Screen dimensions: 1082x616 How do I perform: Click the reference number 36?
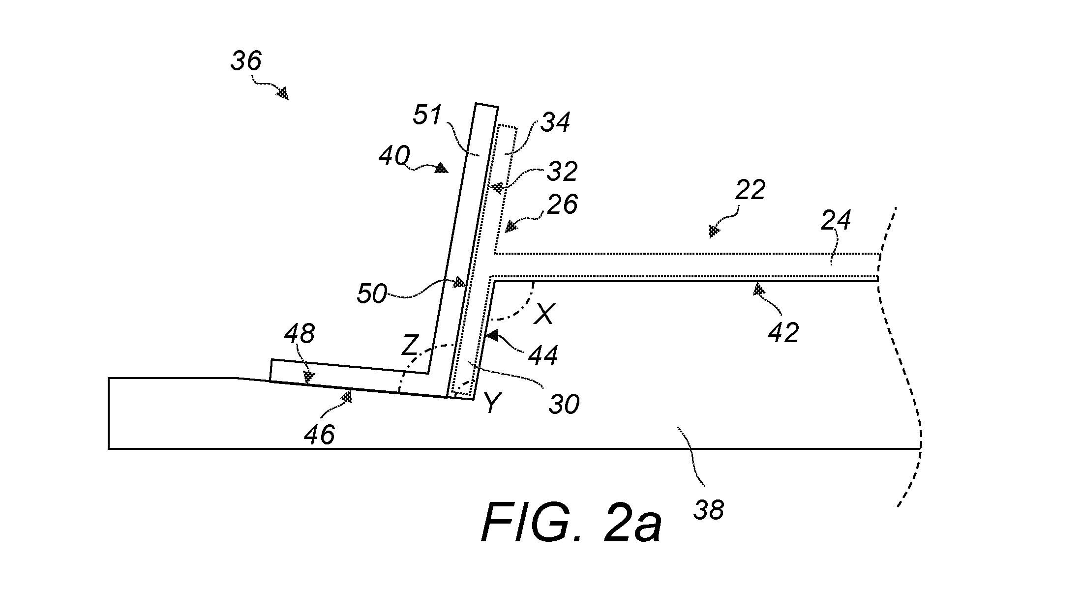pyautogui.click(x=246, y=61)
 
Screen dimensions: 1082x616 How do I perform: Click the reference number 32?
pyautogui.click(x=562, y=171)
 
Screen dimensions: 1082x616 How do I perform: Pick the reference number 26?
pyautogui.click(x=562, y=204)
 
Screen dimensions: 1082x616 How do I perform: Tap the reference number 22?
pyautogui.click(x=750, y=189)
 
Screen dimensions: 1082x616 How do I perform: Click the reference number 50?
pyautogui.click(x=372, y=294)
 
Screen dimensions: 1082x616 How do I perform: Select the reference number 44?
pyautogui.click(x=543, y=355)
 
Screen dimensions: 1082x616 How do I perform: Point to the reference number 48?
pyautogui.click(x=300, y=334)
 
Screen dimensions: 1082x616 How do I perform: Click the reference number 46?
pyautogui.click(x=320, y=435)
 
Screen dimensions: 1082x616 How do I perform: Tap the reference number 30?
pyautogui.click(x=564, y=404)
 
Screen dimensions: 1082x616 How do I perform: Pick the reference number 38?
pyautogui.click(x=709, y=510)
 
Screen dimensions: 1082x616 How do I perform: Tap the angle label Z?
pyautogui.click(x=410, y=346)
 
